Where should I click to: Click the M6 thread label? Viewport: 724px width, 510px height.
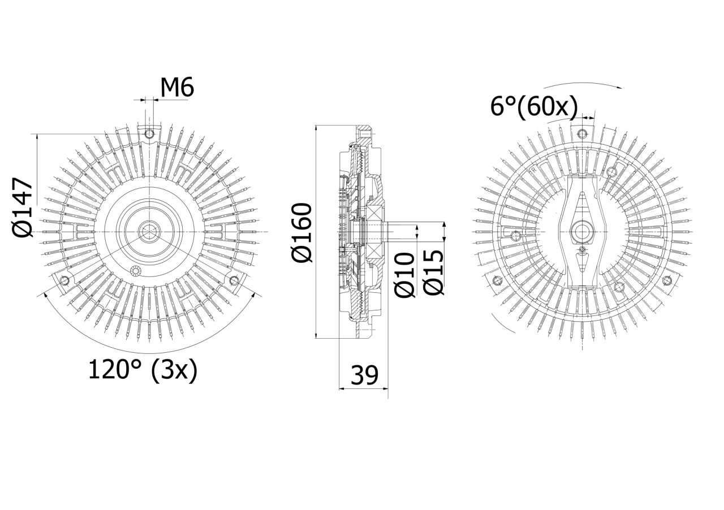(177, 87)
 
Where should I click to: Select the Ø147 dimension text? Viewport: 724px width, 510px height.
(22, 207)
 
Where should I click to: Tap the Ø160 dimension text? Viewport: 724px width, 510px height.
(301, 232)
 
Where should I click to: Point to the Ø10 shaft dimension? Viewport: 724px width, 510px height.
(404, 275)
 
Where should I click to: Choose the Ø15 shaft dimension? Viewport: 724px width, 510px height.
(434, 272)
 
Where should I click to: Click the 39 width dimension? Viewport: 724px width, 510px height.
(364, 375)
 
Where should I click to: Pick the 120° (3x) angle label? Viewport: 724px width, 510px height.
(142, 370)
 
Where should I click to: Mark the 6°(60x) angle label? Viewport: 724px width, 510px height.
(533, 107)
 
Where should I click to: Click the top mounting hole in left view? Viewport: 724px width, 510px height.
(149, 133)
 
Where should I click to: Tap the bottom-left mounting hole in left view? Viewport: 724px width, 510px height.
(64, 280)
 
